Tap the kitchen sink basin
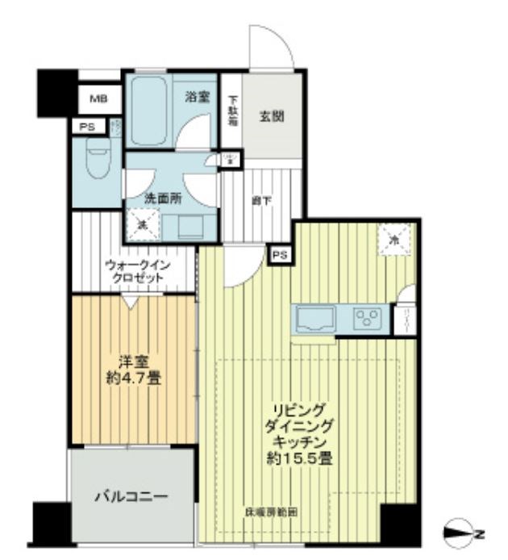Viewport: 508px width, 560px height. [315, 320]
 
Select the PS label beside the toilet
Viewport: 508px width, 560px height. [86, 127]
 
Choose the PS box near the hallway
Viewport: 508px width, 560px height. [280, 254]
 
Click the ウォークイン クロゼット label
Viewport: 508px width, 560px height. [135, 270]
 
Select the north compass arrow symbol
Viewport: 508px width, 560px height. [463, 531]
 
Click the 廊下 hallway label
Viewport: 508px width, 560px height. [260, 201]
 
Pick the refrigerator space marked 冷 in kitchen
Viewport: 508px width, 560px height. [395, 240]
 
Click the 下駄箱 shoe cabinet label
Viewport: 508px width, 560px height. [231, 113]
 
